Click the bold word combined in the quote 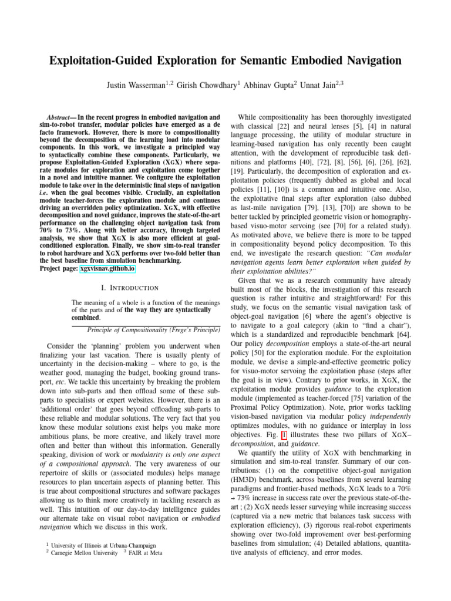pyautogui.click(x=88, y=318)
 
